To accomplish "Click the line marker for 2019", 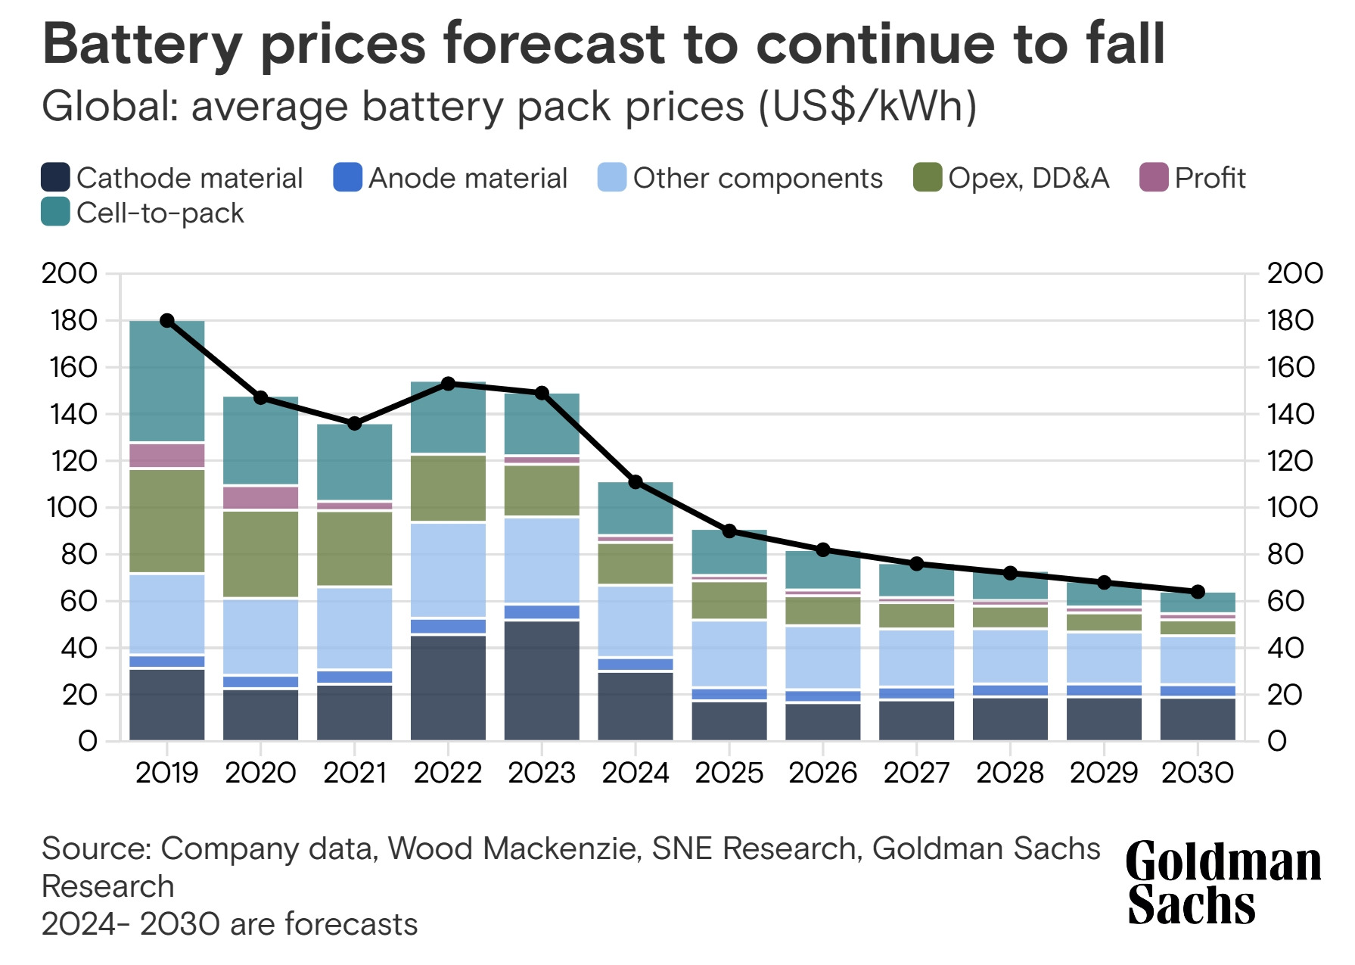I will click(x=167, y=321).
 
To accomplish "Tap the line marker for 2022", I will click(x=448, y=384).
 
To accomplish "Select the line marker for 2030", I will click(x=1198, y=592).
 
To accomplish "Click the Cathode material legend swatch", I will click(x=55, y=178).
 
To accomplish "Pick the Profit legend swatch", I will click(x=1154, y=178).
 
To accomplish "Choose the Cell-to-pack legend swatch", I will click(x=55, y=213).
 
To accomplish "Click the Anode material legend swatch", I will click(x=347, y=178).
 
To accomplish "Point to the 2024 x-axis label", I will click(x=636, y=773).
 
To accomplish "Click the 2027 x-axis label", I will click(x=916, y=773).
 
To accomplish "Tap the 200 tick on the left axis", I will click(x=70, y=273).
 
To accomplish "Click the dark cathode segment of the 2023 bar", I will click(x=542, y=680).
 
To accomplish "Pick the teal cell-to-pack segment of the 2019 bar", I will click(x=167, y=381).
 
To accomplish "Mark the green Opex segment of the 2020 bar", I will click(x=261, y=554).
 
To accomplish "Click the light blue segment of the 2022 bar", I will click(x=448, y=569).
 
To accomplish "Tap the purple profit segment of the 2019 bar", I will click(x=167, y=456).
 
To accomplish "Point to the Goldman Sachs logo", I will click(x=1223, y=883).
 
